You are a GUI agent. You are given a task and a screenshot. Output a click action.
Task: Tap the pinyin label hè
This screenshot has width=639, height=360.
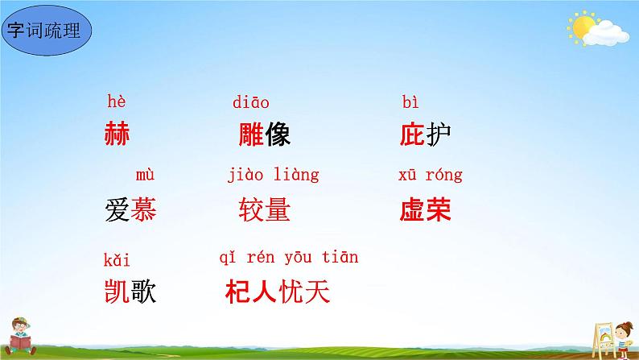[x=117, y=102]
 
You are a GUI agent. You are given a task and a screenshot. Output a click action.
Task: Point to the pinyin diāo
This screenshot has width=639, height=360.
[x=250, y=102]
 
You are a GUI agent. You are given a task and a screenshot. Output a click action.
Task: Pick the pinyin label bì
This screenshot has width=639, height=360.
[x=410, y=102]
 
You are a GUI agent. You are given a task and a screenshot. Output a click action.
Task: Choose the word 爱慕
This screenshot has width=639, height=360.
[x=130, y=210]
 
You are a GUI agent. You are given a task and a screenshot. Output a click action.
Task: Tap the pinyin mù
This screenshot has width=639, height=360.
[x=144, y=175]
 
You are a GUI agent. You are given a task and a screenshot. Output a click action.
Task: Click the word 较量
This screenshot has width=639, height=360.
[x=264, y=210]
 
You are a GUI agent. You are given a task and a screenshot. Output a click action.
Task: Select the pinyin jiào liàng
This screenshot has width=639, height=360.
[x=273, y=175]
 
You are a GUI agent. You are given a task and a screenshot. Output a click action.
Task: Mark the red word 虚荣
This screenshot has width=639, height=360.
[x=425, y=210]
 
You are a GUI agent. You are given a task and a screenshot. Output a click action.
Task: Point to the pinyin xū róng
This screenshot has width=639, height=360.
[x=430, y=175]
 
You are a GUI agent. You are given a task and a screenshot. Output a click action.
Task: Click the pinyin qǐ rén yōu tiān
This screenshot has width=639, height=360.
[x=288, y=258]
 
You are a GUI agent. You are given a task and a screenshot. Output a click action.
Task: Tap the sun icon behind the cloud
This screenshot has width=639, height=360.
[x=581, y=27]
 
